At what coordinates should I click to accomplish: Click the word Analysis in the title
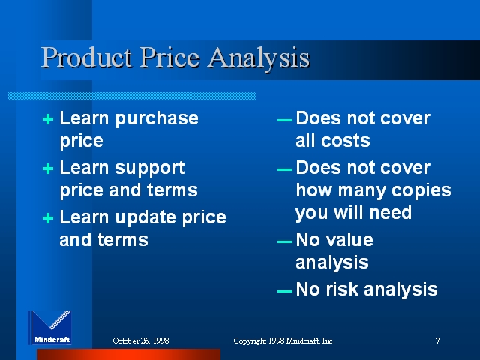pyautogui.click(x=259, y=58)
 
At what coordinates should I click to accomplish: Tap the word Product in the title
pyautogui.click(x=87, y=57)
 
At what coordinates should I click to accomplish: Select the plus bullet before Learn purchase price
pyautogui.click(x=48, y=119)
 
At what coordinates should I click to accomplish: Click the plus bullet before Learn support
pyautogui.click(x=48, y=169)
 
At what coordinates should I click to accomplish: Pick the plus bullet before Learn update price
pyautogui.click(x=48, y=218)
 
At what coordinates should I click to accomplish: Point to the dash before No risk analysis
pyautogui.click(x=285, y=291)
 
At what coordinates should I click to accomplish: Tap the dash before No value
pyautogui.click(x=285, y=241)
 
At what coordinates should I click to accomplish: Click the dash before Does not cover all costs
pyautogui.click(x=285, y=120)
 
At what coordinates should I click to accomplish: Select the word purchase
pyautogui.click(x=157, y=120)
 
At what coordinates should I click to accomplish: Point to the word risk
pyautogui.click(x=342, y=289)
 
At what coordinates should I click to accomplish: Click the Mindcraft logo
pyautogui.click(x=50, y=327)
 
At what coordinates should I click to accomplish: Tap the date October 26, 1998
pyautogui.click(x=141, y=340)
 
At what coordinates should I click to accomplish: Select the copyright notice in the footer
pyautogui.click(x=284, y=340)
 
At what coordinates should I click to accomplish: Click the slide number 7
pyautogui.click(x=438, y=340)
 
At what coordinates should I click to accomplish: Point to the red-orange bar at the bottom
pyautogui.click(x=128, y=354)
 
